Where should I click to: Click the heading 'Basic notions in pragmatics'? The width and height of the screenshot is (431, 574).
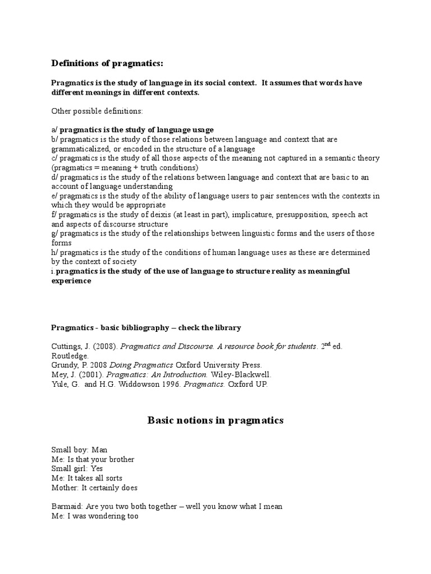coord(215,420)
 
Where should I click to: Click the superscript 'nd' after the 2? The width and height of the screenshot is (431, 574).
coord(329,343)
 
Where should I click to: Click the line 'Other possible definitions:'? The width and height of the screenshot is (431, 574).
coord(97,111)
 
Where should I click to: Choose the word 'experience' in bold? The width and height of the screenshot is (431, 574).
coord(71,281)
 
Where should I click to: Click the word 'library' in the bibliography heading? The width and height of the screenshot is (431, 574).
coord(227,327)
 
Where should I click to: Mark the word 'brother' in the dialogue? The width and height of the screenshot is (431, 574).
coord(120,459)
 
